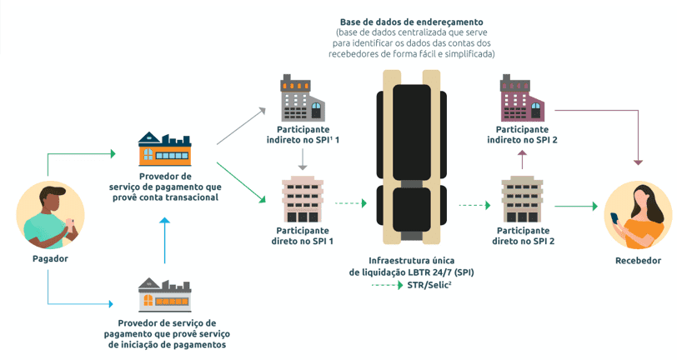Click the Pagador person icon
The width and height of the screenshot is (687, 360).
click(50, 215)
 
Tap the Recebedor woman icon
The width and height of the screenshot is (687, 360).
click(638, 215)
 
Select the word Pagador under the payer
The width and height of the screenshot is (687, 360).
click(50, 258)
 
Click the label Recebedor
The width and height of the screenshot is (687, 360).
click(638, 261)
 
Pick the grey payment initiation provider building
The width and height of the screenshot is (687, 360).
click(165, 294)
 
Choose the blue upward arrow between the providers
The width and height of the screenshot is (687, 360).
click(165, 241)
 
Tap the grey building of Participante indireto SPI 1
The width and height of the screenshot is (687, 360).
click(303, 98)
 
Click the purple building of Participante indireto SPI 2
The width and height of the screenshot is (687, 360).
click(523, 98)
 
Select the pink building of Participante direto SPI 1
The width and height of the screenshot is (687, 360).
click(303, 199)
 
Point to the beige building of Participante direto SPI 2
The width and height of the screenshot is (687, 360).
click(522, 199)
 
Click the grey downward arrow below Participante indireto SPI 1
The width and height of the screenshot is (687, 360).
click(303, 159)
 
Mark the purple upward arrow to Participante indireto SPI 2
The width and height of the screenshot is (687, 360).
click(522, 159)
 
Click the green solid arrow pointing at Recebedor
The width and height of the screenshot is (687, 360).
click(576, 206)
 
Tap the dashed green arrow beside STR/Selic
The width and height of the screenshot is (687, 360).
click(388, 285)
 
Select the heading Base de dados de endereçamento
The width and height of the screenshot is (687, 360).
click(411, 22)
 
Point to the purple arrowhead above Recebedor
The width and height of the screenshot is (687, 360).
click(638, 162)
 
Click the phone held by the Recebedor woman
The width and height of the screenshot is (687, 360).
click(614, 217)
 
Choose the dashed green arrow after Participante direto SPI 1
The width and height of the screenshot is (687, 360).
click(351, 203)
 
